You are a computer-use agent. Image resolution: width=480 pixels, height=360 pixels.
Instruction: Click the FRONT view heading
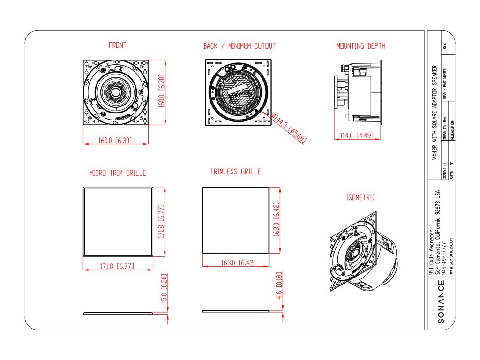(x=117, y=45)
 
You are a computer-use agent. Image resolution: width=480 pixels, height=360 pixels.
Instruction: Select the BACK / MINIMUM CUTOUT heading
(x=240, y=46)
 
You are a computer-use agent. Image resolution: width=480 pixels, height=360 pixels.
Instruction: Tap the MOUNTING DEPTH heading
(x=361, y=46)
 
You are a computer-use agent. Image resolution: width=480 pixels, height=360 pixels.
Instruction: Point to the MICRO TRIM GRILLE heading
(x=118, y=173)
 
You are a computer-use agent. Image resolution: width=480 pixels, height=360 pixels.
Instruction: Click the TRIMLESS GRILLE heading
(x=236, y=172)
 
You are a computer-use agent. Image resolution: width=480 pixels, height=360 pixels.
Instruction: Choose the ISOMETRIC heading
(x=360, y=198)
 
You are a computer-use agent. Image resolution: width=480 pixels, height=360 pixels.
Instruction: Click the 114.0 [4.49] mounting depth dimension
(x=356, y=136)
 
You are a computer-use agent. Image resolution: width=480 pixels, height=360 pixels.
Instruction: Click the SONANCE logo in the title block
(x=441, y=302)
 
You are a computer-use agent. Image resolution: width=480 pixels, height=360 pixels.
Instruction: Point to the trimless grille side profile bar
(x=236, y=311)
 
